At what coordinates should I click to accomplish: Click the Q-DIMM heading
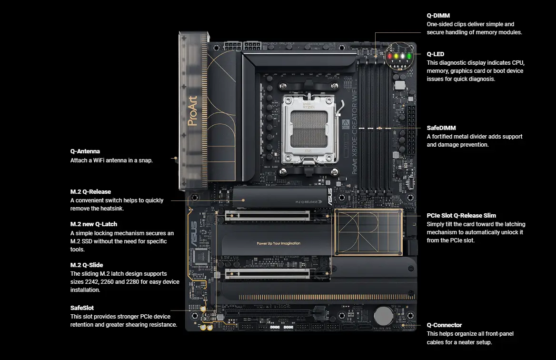click(x=437, y=15)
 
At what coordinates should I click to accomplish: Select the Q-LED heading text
click(x=435, y=54)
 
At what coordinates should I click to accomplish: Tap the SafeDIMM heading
click(x=441, y=128)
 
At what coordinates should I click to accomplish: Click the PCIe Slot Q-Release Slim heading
click(x=461, y=215)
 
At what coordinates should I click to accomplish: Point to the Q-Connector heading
click(x=444, y=325)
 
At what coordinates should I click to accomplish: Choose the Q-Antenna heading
click(x=85, y=151)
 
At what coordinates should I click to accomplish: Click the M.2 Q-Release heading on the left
click(x=90, y=191)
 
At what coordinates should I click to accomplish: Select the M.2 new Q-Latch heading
click(x=94, y=224)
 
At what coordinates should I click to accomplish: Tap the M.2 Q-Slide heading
click(x=87, y=265)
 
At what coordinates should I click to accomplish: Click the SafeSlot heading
click(x=82, y=308)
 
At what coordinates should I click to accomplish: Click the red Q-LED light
click(x=389, y=56)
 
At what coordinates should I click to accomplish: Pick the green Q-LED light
click(x=409, y=56)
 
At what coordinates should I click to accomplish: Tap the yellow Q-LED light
click(x=396, y=56)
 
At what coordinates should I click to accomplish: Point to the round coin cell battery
click(x=382, y=315)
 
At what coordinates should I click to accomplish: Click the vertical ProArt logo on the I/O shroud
click(x=192, y=110)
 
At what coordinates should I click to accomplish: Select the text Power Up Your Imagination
click(x=278, y=243)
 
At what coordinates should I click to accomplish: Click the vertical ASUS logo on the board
click(x=193, y=234)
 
